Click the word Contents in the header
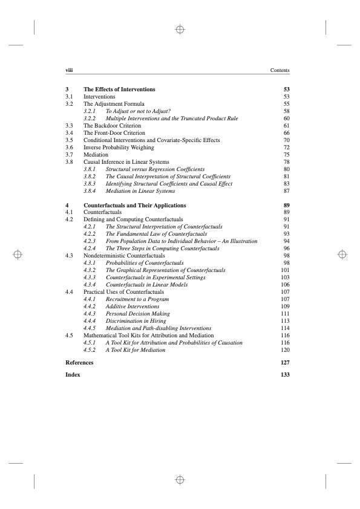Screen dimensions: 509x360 [x=280, y=71]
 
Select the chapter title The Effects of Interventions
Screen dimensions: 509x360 [x=119, y=89]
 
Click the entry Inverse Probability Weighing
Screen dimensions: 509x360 [x=119, y=148]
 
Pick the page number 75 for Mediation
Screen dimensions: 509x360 [x=287, y=155]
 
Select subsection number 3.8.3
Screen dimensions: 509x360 [x=90, y=184]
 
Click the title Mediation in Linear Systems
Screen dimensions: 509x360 [x=140, y=191]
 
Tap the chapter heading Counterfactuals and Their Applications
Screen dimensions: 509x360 [x=134, y=206]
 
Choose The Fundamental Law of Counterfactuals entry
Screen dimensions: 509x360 [x=156, y=234]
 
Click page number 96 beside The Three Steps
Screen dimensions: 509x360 [x=287, y=248]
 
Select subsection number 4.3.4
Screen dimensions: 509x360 [x=90, y=285]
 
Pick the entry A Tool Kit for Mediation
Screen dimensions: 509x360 [x=135, y=350]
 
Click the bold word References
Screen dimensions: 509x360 [x=79, y=363]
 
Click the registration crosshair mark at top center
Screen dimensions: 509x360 [x=180, y=29]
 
